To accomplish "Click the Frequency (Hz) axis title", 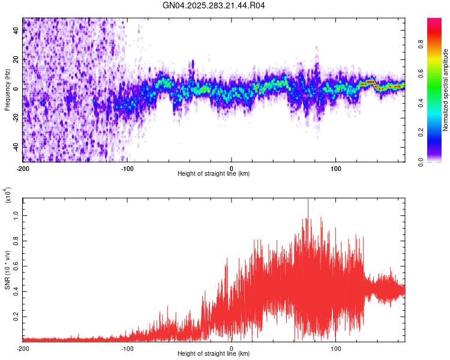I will click(7, 90).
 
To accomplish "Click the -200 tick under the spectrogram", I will click(23, 168).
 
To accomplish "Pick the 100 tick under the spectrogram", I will click(336, 168).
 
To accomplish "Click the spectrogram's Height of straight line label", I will click(214, 174).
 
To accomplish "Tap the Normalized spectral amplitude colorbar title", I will click(445, 90).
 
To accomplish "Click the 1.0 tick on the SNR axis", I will click(16, 215).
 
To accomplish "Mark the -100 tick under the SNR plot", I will click(127, 348).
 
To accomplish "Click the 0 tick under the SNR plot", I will click(232, 348).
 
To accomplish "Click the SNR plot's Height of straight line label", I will click(214, 354).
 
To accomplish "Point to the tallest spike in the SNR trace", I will click(308, 200).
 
